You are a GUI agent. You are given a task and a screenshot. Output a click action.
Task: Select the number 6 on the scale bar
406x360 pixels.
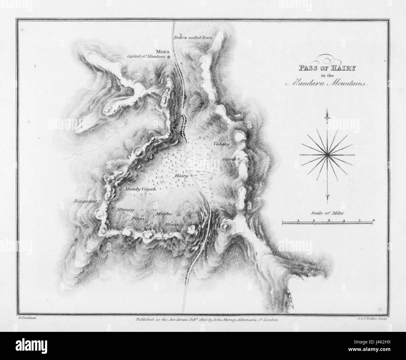[x=374, y=220]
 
